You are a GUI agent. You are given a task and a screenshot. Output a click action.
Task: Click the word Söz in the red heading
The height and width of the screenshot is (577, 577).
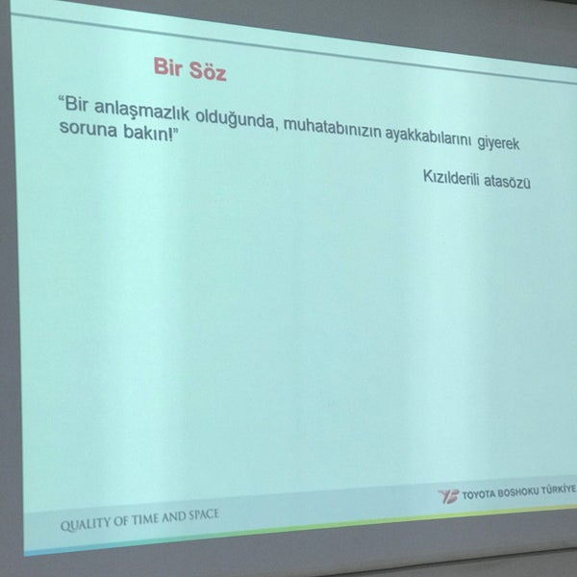point(208,71)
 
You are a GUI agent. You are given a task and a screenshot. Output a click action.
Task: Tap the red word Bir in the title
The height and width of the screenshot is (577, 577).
point(167,66)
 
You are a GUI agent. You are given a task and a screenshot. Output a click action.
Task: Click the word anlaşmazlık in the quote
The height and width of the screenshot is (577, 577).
point(141,110)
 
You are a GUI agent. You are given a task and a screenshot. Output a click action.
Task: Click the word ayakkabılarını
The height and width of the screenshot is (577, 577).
point(428,137)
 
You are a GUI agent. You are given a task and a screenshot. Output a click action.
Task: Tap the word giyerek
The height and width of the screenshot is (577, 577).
point(498,143)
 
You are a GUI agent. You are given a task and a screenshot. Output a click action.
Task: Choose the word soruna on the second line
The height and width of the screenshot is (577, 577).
point(88,129)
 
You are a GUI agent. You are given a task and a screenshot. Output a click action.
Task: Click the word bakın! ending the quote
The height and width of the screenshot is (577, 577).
point(147,133)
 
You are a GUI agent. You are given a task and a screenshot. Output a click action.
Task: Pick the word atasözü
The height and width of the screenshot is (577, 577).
point(507,182)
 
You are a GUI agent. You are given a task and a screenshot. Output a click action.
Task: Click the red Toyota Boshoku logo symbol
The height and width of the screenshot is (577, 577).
point(448,496)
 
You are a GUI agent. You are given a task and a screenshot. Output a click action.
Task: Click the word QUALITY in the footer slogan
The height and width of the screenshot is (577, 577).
point(86,524)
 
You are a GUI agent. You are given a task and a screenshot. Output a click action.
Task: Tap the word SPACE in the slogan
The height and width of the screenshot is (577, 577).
point(204,514)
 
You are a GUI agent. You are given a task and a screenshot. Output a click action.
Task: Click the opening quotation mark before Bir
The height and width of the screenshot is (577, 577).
point(62,99)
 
